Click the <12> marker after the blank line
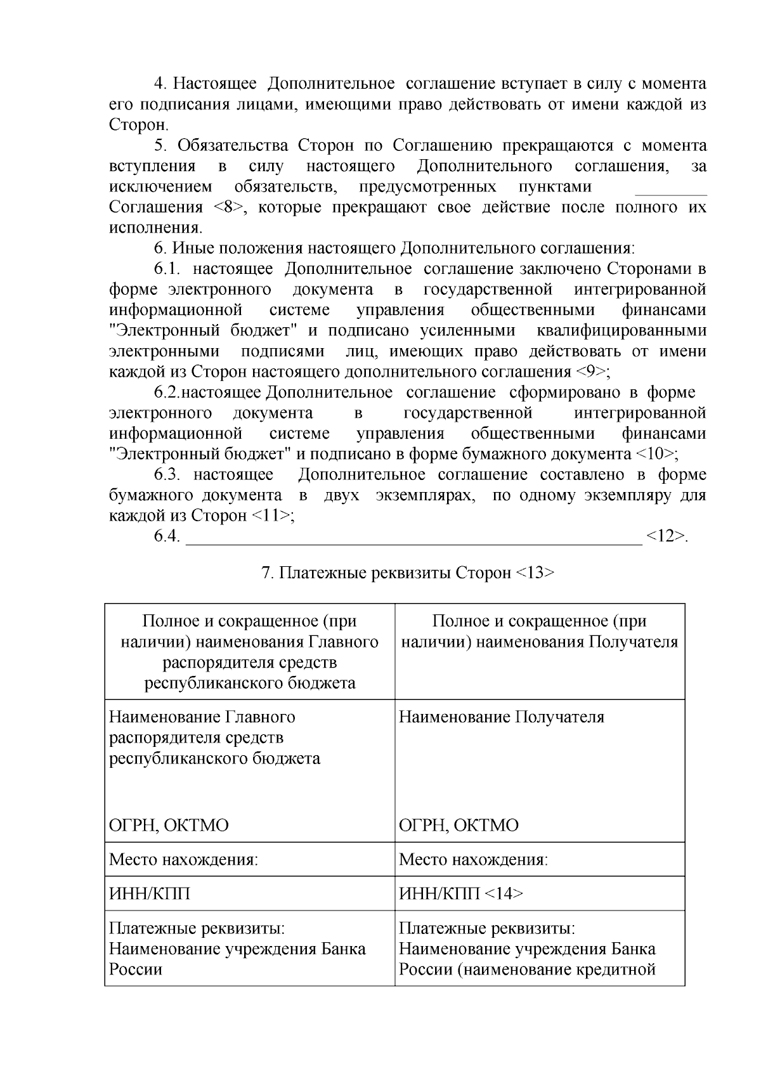[667, 536]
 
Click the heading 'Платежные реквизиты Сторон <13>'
[408, 573]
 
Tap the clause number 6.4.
[167, 536]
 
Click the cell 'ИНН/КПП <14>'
[461, 894]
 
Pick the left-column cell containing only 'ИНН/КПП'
[150, 894]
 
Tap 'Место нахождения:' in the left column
[183, 860]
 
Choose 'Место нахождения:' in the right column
[473, 860]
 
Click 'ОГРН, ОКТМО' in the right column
[459, 826]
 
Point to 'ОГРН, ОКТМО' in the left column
[169, 826]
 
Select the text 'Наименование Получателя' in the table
[501, 717]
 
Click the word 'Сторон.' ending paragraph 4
[139, 124]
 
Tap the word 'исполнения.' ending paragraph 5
[156, 228]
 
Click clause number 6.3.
[167, 475]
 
